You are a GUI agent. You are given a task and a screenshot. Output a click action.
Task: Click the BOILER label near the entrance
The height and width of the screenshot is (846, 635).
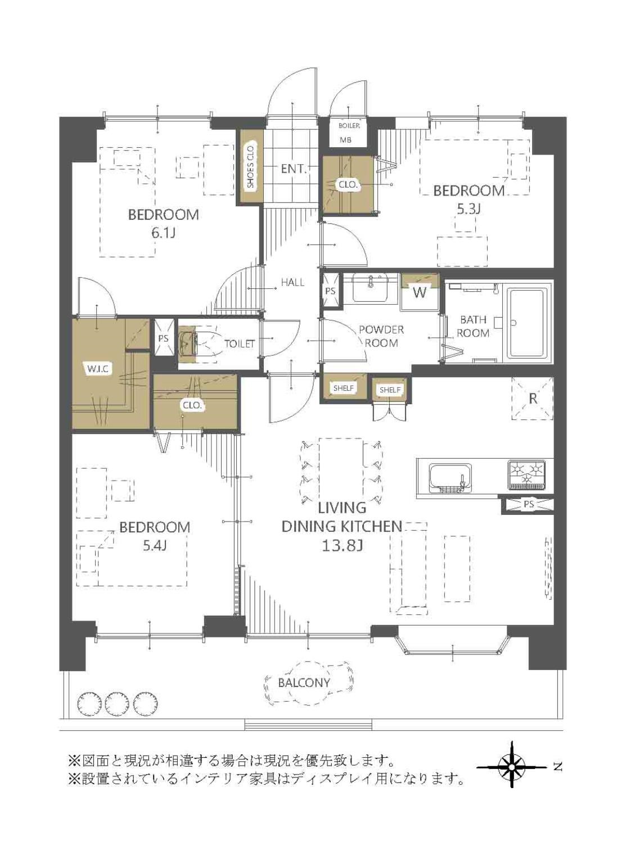pyautogui.click(x=349, y=126)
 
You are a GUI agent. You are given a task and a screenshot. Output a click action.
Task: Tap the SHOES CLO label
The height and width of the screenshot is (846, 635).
pyautogui.click(x=251, y=167)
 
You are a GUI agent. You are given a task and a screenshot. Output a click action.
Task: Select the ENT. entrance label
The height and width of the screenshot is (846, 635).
pyautogui.click(x=294, y=169)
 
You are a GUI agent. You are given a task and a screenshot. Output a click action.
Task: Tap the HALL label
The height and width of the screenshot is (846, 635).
pyautogui.click(x=292, y=283)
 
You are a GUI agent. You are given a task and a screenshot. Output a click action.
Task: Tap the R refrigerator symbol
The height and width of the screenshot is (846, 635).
pyautogui.click(x=533, y=399)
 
